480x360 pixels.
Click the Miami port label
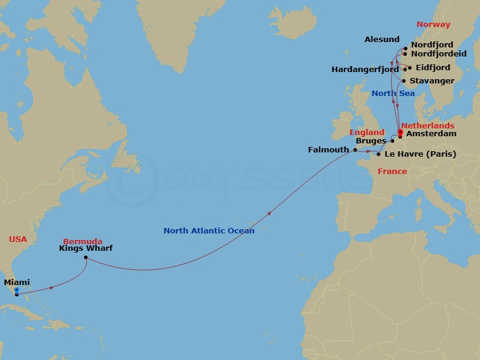[x=17, y=283]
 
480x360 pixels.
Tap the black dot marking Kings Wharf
[x=86, y=258]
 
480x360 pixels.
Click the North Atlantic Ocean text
[x=209, y=230]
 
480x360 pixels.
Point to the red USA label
[x=18, y=239]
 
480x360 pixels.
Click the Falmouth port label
[x=329, y=149]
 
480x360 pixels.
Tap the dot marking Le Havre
[x=378, y=154]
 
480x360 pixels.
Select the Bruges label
[x=370, y=142]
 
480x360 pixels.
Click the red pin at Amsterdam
[x=400, y=133]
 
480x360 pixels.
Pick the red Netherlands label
[x=428, y=125]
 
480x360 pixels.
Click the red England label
[x=367, y=132]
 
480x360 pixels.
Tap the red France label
[x=392, y=172]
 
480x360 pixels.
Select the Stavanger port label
[x=433, y=81]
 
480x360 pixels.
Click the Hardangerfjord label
[x=365, y=70]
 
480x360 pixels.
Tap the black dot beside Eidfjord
[x=410, y=67]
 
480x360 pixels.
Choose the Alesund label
[x=382, y=40]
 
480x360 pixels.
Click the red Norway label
[x=433, y=25]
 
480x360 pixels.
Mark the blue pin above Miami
[x=16, y=290]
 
